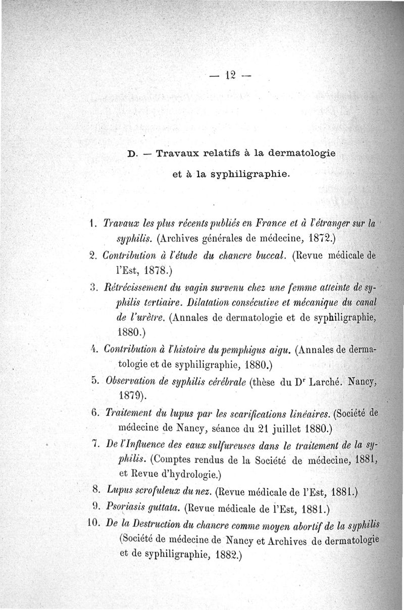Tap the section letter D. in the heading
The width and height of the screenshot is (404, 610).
click(x=133, y=154)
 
